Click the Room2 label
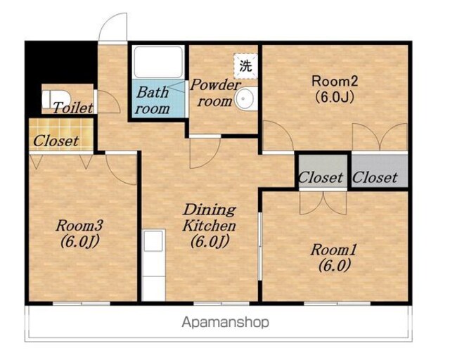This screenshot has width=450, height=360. [335, 89]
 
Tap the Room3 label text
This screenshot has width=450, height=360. [79, 233]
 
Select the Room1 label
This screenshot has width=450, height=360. [334, 257]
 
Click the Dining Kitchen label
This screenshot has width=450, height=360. [210, 226]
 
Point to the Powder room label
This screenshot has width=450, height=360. [215, 93]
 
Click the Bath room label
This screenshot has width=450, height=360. [153, 101]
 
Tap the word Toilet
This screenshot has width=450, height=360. [73, 108]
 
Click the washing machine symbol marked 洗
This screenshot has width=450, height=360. [245, 66]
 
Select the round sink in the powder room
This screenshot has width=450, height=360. [246, 98]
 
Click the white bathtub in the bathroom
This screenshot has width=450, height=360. [158, 62]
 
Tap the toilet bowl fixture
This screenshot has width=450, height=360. [56, 99]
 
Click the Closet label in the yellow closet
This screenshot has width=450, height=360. [56, 141]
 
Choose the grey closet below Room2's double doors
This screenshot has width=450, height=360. [380, 172]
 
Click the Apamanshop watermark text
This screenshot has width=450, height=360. [226, 323]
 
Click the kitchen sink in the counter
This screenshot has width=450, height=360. [153, 240]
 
